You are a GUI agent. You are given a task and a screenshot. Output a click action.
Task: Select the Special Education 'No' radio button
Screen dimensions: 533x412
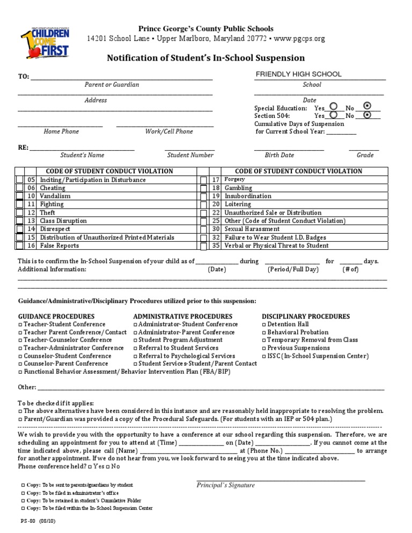[367, 106]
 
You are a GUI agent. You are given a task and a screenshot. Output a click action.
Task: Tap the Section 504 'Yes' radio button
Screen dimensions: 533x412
[334, 115]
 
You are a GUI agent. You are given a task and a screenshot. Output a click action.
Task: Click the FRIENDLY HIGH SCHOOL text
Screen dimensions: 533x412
[298, 75]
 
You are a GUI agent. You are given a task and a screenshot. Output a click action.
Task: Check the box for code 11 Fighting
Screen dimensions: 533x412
[19, 204]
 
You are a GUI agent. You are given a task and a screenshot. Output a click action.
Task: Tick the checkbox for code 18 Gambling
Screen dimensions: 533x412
[203, 188]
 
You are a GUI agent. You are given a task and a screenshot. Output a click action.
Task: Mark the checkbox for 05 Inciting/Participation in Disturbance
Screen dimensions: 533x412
[19, 180]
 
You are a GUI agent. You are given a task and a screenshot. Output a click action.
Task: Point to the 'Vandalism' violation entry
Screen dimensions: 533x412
[55, 196]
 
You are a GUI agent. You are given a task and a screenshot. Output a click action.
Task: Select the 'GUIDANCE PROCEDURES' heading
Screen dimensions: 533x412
[56, 316]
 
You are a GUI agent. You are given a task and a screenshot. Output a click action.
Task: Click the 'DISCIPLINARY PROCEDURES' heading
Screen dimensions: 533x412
[305, 316]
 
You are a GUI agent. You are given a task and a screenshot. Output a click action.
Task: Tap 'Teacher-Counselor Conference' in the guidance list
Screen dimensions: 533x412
[67, 340]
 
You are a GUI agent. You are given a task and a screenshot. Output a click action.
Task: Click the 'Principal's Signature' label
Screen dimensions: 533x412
[225, 485]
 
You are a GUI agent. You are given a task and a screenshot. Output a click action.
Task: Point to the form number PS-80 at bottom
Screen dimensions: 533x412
[27, 521]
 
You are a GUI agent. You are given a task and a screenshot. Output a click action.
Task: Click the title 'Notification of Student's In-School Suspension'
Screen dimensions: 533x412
[206, 58]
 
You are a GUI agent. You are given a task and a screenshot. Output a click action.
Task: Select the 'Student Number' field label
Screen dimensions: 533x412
[190, 155]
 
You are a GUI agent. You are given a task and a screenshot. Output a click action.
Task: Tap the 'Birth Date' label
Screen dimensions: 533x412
[279, 155]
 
